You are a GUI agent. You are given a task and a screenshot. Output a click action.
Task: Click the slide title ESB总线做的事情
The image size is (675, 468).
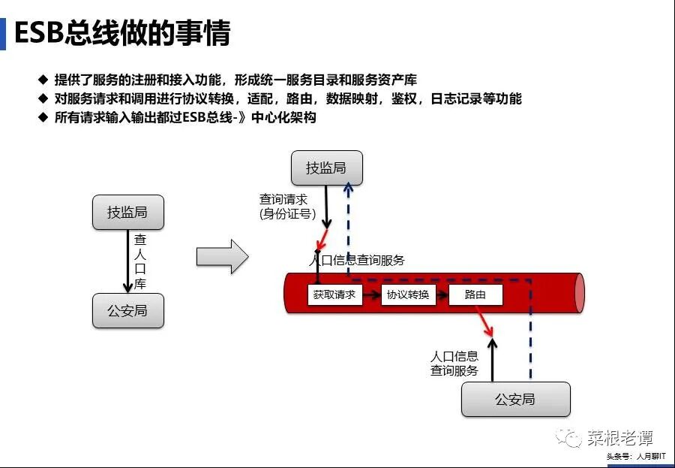click(122, 33)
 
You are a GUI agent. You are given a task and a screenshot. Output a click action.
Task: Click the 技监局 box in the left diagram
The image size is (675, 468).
click(127, 213)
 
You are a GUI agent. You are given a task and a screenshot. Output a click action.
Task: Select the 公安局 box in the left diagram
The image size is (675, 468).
click(127, 310)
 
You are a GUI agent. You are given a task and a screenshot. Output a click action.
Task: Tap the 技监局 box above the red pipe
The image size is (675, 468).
click(326, 168)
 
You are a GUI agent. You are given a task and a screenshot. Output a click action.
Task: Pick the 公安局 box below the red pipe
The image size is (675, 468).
click(515, 399)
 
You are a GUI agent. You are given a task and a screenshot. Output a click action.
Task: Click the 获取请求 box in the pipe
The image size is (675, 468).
click(334, 294)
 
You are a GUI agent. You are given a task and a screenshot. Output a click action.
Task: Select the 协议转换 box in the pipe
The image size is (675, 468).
click(408, 294)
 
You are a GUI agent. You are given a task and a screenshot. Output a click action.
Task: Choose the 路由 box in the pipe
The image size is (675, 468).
click(475, 294)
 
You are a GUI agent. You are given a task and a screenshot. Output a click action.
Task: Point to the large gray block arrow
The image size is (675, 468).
click(222, 257)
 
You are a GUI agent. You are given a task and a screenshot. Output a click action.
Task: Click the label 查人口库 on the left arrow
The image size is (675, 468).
click(140, 261)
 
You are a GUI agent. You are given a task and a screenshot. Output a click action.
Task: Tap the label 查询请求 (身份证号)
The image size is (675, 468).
click(287, 207)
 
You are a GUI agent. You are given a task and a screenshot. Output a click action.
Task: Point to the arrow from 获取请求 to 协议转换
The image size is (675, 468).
click(371, 295)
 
